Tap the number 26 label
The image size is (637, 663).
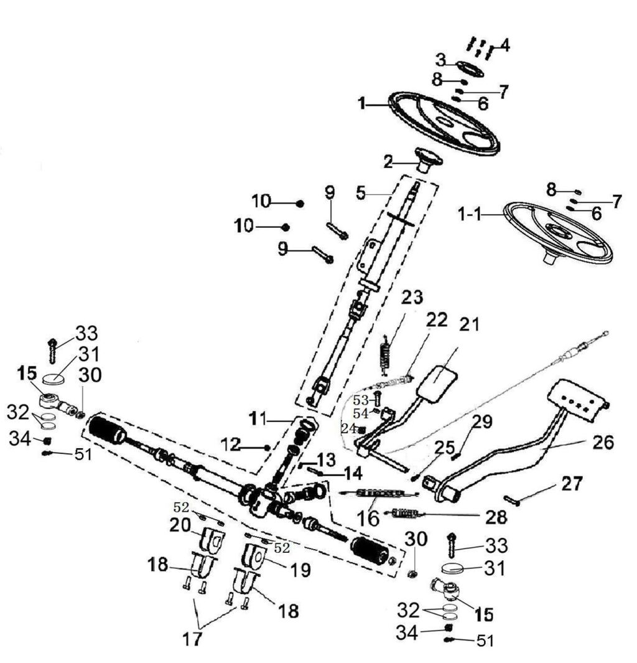click(x=603, y=443)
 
